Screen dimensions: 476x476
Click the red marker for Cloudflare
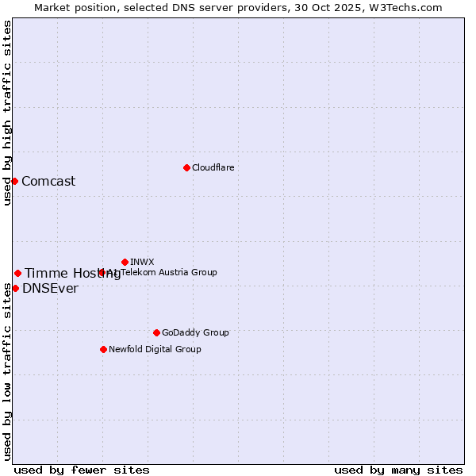click(x=186, y=167)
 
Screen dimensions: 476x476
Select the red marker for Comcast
click(x=14, y=181)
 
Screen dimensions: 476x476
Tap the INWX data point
click(x=125, y=262)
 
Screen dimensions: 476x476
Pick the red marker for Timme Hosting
click(x=17, y=273)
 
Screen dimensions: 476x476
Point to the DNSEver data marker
click(x=15, y=288)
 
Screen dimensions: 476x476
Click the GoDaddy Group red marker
click(x=156, y=332)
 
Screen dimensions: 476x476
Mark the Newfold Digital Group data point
click(x=103, y=349)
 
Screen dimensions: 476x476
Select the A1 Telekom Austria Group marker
click(x=102, y=272)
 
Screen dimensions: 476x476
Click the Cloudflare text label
click(x=213, y=167)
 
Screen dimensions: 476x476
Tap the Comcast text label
click(x=48, y=181)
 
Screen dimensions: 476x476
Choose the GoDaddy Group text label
click(x=195, y=332)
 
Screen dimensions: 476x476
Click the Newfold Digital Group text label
click(x=155, y=349)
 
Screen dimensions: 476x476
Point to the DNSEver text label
click(x=50, y=288)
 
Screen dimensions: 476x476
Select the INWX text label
click(x=142, y=262)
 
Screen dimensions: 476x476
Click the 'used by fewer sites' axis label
click(x=82, y=470)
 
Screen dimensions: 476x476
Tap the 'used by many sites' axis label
click(x=398, y=470)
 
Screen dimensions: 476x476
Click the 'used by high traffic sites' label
click(x=7, y=113)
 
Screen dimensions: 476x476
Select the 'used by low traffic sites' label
click(x=7, y=371)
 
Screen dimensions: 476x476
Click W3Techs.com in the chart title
click(x=409, y=7)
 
